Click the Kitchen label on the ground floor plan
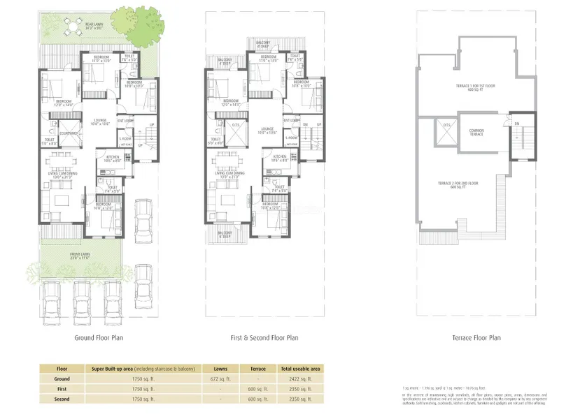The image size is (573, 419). pos(113,159)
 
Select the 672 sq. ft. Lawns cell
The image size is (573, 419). pos(220,378)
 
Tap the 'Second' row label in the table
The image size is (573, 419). pos(62,399)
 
